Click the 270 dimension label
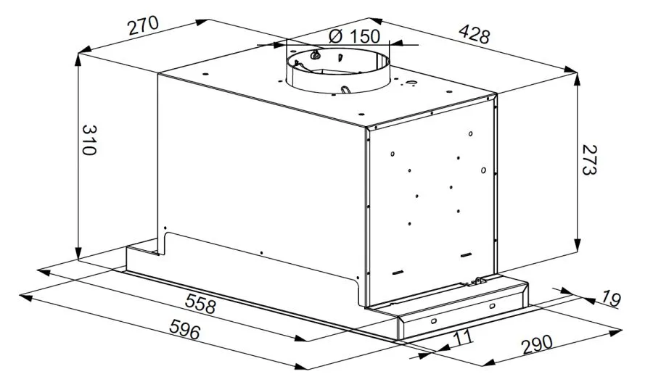click(144, 25)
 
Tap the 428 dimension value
click(475, 34)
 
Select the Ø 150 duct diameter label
click(355, 36)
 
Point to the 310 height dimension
click(89, 140)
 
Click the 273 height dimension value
click(589, 159)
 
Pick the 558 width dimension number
click(201, 304)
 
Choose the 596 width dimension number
click(184, 329)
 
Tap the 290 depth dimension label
click(537, 344)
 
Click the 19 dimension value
click(611, 298)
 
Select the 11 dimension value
click(463, 337)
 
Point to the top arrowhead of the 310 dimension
click(78, 59)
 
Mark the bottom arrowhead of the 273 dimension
click(577, 245)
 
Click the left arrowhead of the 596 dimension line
click(25, 298)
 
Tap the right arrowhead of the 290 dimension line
click(616, 332)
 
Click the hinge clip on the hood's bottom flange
click(477, 281)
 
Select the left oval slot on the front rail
click(433, 322)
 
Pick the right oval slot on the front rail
click(493, 305)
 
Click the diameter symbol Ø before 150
click(335, 36)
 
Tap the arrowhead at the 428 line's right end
click(570, 70)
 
